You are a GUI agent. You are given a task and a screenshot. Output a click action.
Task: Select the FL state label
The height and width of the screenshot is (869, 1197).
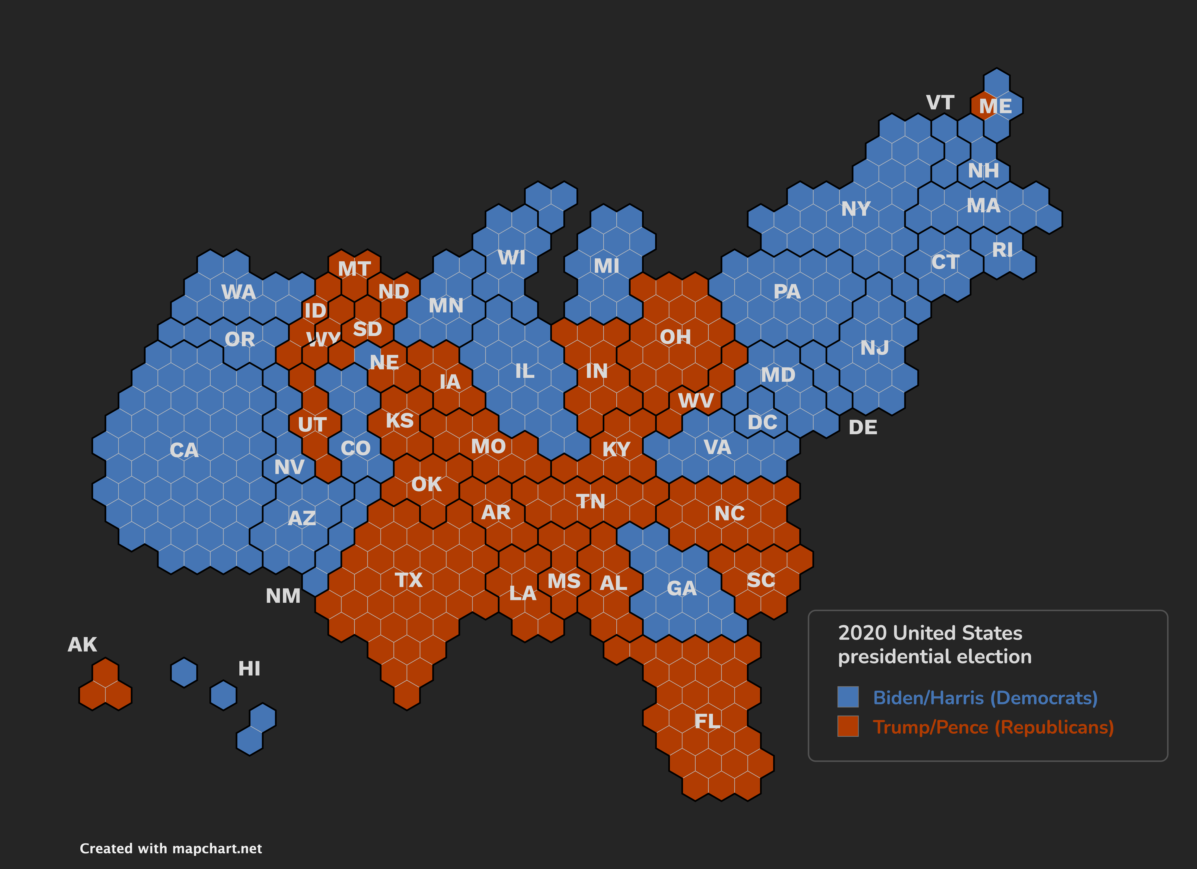point(707,721)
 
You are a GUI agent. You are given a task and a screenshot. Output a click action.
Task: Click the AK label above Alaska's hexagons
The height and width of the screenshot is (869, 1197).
point(82,645)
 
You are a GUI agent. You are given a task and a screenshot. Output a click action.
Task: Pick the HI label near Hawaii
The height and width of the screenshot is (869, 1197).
point(249,669)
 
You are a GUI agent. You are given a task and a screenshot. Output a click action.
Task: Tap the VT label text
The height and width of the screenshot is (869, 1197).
point(940,102)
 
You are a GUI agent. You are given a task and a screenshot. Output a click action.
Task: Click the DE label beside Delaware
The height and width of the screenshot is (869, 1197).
point(863,427)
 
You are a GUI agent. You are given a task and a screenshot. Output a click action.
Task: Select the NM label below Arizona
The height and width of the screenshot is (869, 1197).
point(283,596)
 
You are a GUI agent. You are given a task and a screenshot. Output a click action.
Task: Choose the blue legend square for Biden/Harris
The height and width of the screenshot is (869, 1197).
point(848,697)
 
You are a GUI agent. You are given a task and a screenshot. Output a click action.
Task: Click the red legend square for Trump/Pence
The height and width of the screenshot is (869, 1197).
point(848,726)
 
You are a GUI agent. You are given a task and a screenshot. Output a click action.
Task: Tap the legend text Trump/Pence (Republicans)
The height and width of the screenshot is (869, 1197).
point(993,727)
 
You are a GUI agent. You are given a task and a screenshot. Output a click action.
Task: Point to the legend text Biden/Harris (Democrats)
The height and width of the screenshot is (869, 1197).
point(985,697)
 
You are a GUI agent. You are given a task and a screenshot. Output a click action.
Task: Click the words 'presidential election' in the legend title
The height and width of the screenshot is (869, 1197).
point(934,657)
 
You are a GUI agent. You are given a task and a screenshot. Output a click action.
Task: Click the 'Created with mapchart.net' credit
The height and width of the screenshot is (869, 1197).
point(170,848)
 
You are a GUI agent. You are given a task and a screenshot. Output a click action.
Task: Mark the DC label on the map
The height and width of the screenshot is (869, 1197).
point(762,422)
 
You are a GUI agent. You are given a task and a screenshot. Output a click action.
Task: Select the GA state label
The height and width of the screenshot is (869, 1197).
point(681,588)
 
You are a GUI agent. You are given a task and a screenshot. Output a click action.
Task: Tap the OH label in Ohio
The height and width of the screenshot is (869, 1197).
point(675,337)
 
